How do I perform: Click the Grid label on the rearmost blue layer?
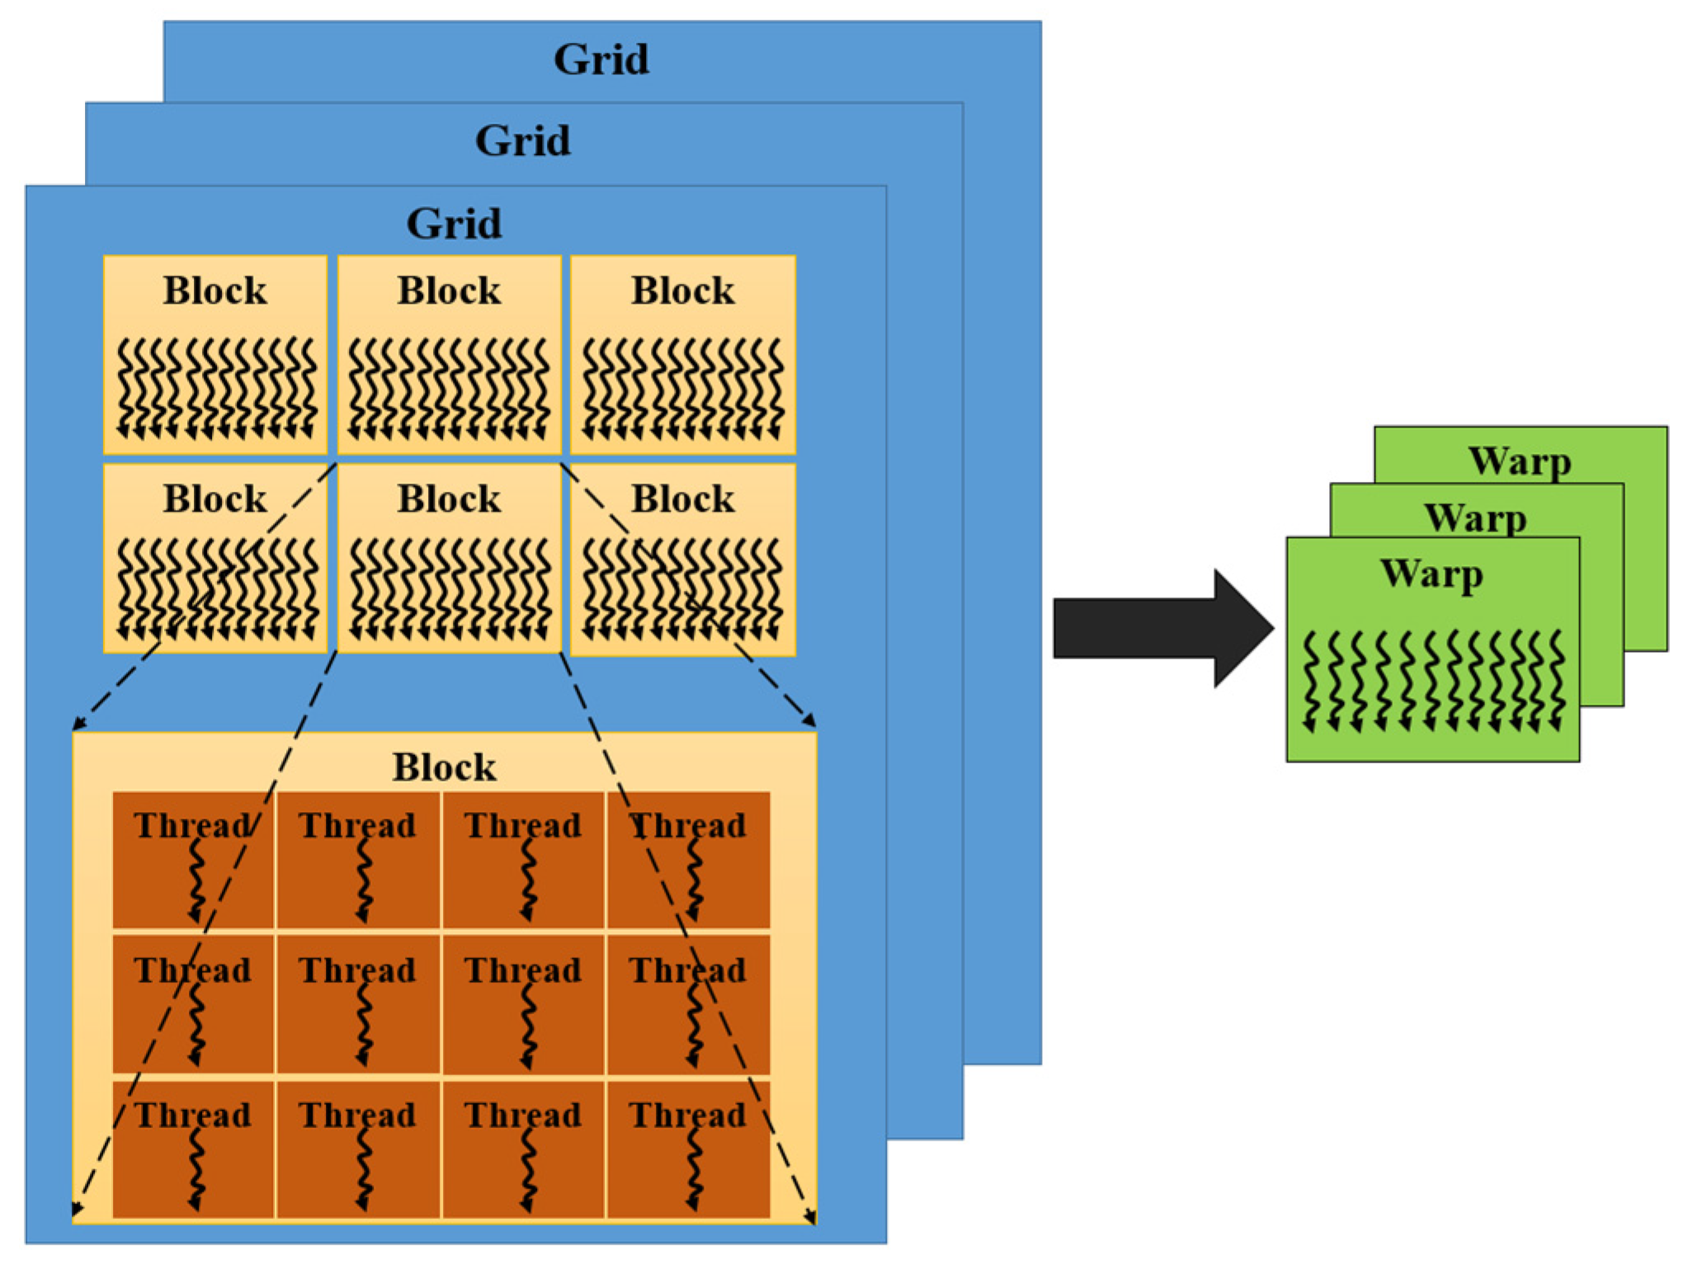tap(601, 59)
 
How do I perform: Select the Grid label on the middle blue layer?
tap(522, 140)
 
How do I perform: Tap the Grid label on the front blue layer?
tap(454, 224)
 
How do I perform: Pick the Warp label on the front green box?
tap(1431, 573)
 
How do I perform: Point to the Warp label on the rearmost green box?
tap(1519, 460)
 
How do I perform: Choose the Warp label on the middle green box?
tap(1475, 518)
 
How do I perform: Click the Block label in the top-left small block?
tap(215, 290)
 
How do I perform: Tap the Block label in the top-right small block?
tap(682, 290)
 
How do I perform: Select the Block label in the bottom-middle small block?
tap(449, 498)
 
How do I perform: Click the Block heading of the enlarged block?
tap(444, 767)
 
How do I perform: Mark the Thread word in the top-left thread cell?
tap(192, 825)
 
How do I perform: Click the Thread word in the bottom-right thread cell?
tap(687, 1115)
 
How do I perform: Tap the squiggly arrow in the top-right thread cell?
tap(695, 881)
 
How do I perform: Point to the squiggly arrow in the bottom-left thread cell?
tap(196, 1168)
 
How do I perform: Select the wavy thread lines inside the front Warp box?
tap(1433, 682)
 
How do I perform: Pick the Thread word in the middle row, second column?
tap(357, 970)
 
